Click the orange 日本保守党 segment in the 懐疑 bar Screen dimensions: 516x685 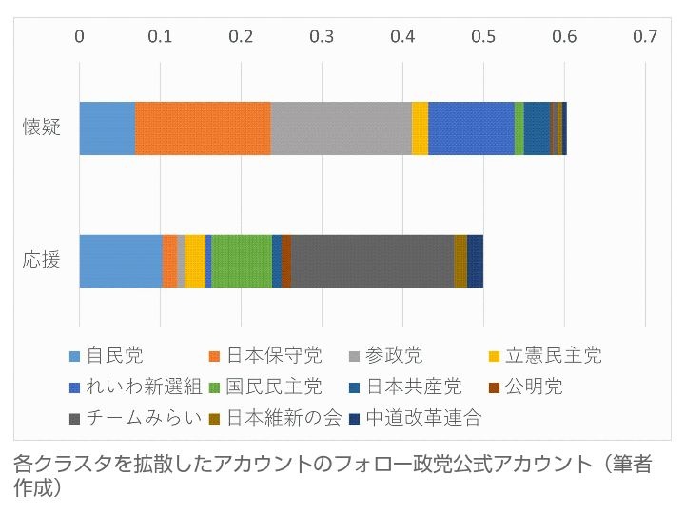[203, 127]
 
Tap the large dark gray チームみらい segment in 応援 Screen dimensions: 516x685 [372, 260]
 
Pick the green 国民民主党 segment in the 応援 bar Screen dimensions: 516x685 [242, 260]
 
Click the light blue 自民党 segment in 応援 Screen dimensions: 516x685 [121, 260]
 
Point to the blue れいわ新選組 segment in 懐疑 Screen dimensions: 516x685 [471, 127]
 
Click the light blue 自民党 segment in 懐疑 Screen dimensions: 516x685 [107, 127]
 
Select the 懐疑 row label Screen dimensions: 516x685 [42, 128]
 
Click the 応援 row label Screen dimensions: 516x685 [42, 260]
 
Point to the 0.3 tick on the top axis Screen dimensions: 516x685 [322, 37]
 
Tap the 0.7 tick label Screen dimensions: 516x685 [645, 37]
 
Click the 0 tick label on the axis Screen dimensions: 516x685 [80, 37]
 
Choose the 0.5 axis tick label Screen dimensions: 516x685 [483, 37]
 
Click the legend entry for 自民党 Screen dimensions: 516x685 [114, 357]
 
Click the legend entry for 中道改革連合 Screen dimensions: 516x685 [437, 417]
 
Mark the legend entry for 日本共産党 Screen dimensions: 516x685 [414, 387]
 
